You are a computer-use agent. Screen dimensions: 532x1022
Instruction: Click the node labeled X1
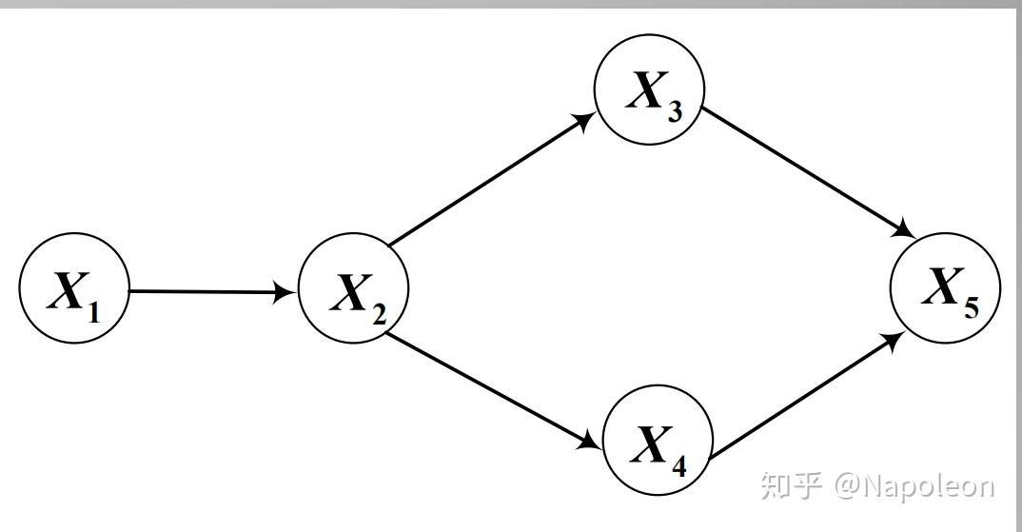73,289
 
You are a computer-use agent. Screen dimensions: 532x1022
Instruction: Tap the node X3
650,89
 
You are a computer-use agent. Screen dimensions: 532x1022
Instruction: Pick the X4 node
659,440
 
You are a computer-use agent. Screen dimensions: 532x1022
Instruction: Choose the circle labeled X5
945,287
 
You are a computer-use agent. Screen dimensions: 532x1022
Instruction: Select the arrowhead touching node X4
593,443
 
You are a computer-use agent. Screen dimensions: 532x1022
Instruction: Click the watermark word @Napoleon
914,486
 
